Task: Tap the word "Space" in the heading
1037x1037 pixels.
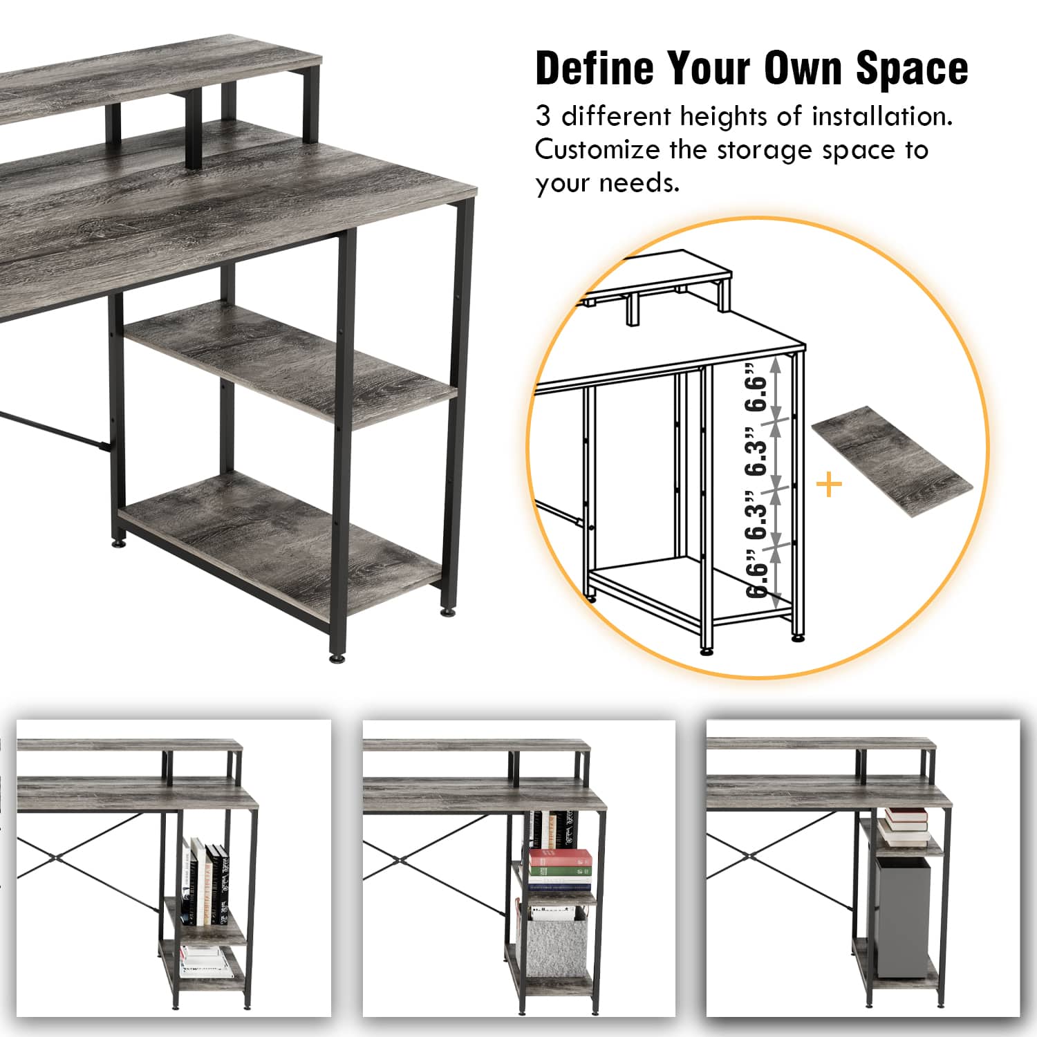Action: [912, 68]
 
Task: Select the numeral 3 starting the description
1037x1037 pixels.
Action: [543, 116]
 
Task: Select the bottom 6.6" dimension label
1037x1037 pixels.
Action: [758, 571]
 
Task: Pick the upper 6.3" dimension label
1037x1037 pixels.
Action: [758, 450]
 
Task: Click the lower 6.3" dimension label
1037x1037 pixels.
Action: [758, 512]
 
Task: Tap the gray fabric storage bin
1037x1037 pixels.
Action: [557, 942]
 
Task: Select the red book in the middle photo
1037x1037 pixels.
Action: [561, 859]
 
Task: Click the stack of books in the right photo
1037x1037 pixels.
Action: [904, 825]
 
